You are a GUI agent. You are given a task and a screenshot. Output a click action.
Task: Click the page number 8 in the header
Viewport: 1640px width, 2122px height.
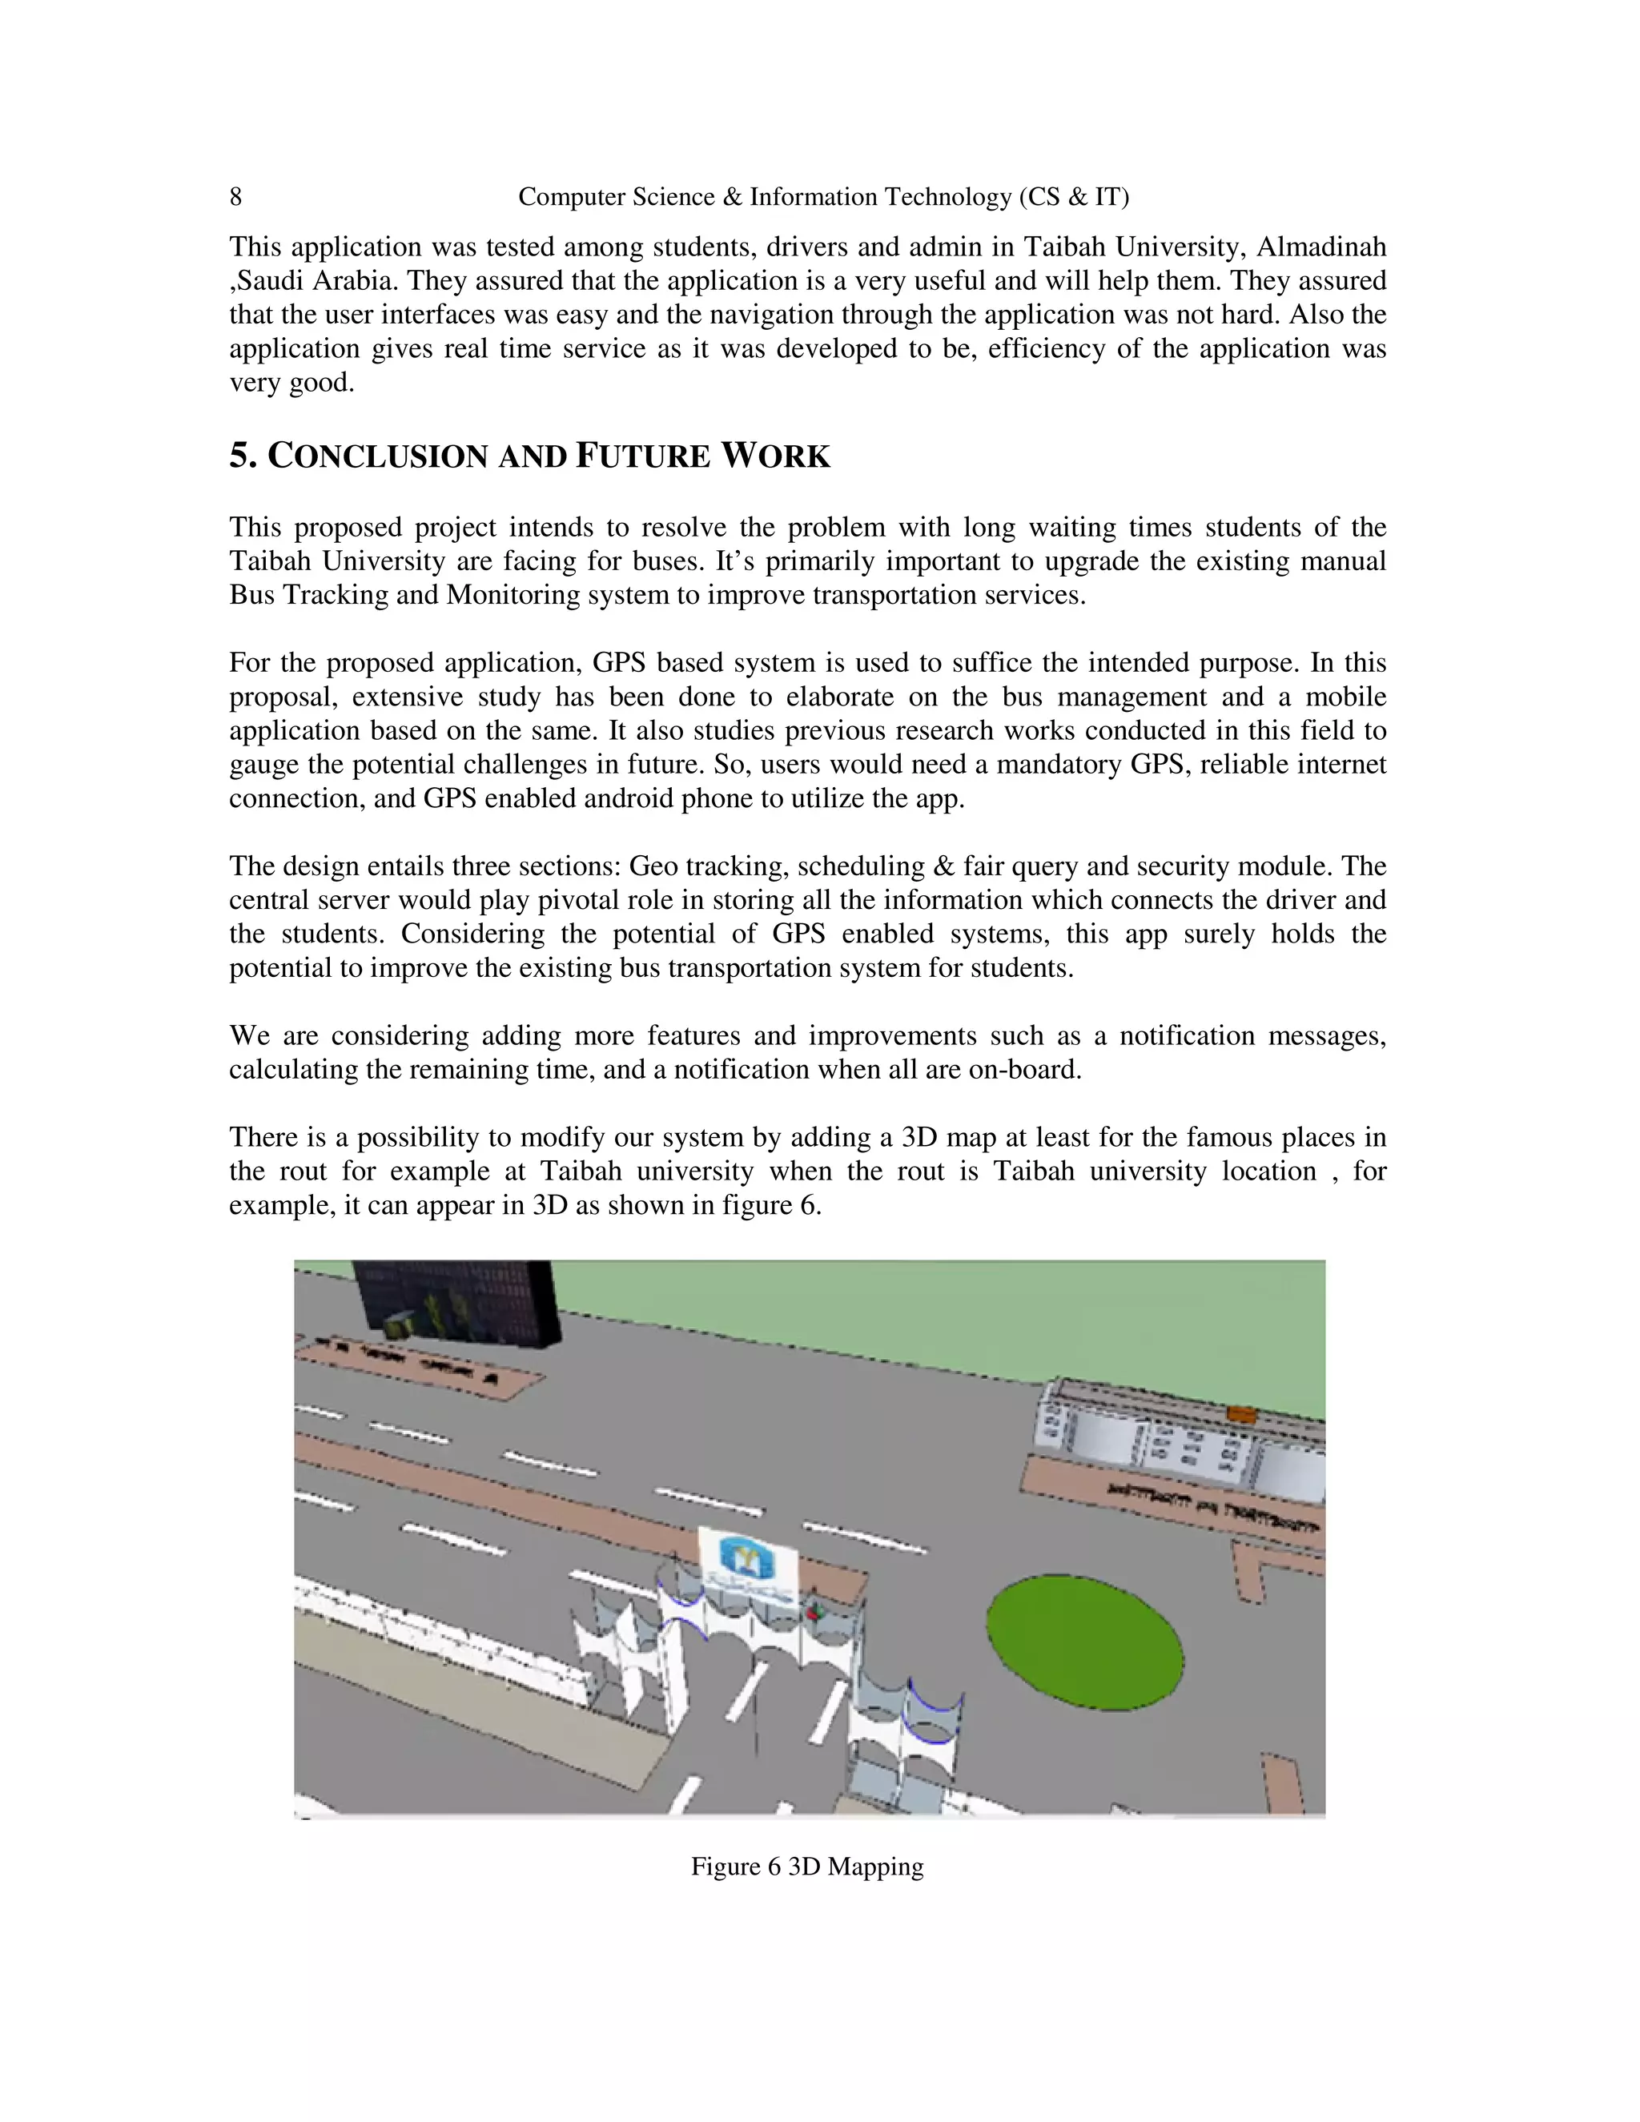coord(235,197)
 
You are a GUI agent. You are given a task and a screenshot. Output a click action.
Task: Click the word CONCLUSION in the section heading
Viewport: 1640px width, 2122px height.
coord(377,456)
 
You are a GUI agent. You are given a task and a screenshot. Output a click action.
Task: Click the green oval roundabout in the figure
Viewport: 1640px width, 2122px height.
coord(1084,1643)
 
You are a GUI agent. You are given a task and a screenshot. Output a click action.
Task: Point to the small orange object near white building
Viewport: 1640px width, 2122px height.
coord(1240,1413)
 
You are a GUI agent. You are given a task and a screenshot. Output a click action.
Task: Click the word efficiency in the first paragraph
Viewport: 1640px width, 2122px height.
coord(1047,349)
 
